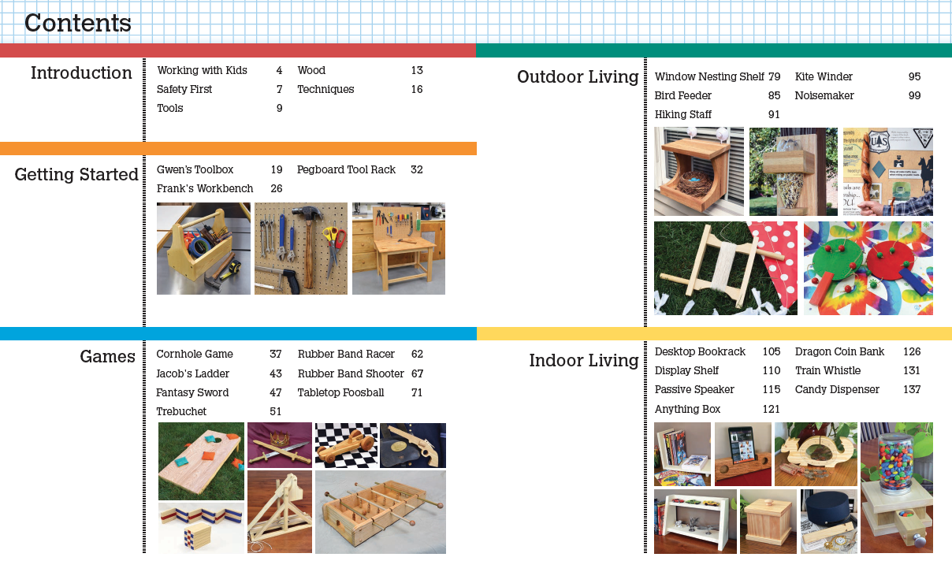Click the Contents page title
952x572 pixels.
click(x=78, y=23)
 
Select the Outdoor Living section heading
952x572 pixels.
click(x=578, y=77)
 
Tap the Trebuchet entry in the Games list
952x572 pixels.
click(x=181, y=411)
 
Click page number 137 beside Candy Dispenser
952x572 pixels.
click(x=912, y=389)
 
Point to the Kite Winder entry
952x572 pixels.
click(x=824, y=76)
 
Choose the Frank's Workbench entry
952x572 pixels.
click(x=205, y=188)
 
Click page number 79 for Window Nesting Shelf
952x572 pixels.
click(x=774, y=76)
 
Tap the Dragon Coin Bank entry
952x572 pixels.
click(x=839, y=351)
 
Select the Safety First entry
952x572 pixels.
click(x=184, y=89)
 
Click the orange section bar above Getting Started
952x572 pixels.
click(x=238, y=148)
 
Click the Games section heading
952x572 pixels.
click(x=107, y=357)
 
